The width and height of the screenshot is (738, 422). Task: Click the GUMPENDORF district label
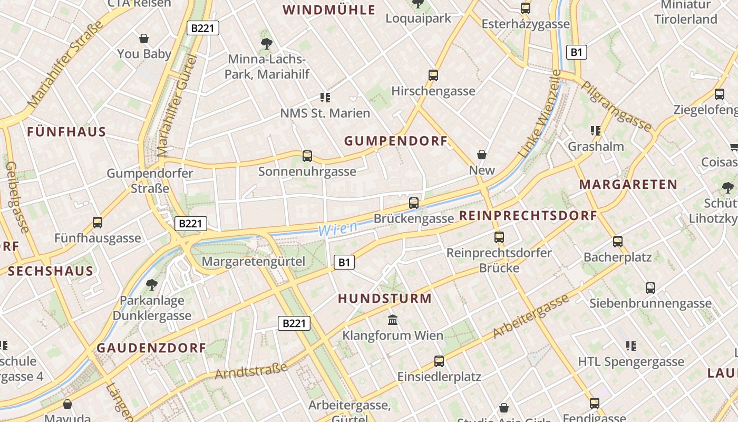tap(395, 141)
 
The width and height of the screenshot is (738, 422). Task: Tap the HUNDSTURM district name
tap(384, 299)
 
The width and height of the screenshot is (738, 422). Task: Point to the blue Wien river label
tap(337, 228)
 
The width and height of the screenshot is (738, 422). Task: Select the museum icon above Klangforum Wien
tap(393, 320)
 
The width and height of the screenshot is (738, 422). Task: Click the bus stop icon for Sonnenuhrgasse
tap(307, 156)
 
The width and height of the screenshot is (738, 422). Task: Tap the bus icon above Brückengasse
tap(414, 203)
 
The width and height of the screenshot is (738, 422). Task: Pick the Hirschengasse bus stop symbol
tap(433, 75)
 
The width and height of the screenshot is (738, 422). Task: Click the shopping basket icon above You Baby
tap(144, 39)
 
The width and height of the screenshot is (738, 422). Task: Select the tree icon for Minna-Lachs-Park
tap(267, 43)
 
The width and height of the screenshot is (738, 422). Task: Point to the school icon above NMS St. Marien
tap(325, 98)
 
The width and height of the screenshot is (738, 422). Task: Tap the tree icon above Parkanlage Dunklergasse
tap(152, 285)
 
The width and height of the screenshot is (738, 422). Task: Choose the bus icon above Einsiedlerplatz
tap(439, 361)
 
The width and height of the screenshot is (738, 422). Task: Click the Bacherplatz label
tap(617, 257)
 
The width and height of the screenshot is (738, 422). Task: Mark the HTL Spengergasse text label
tap(631, 362)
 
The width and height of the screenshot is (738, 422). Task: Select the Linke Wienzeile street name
tap(540, 113)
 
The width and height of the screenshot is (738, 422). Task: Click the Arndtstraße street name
tap(251, 371)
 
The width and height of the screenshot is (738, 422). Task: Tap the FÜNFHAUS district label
tap(66, 132)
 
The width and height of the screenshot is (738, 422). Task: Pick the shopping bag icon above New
tap(482, 155)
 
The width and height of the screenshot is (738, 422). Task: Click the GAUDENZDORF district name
tap(151, 348)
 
